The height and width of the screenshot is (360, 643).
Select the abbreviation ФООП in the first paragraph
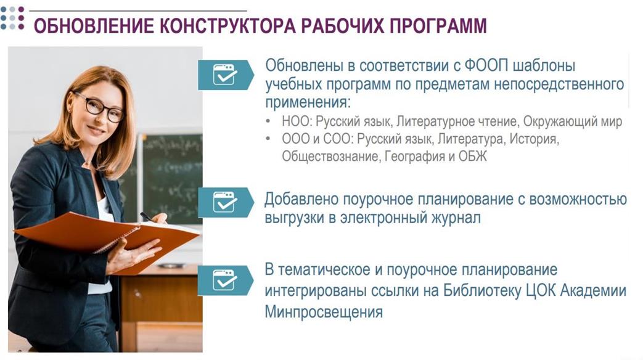point(486,65)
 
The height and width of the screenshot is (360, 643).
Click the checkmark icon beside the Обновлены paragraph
point(225,75)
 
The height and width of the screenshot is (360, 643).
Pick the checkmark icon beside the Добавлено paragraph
point(225,202)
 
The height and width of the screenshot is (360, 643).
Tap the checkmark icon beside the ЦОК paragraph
point(224,280)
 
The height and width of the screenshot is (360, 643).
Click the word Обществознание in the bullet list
point(330,156)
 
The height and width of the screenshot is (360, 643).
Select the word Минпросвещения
point(324,312)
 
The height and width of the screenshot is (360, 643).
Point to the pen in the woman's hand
point(147,218)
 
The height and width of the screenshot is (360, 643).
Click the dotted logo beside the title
point(12,18)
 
